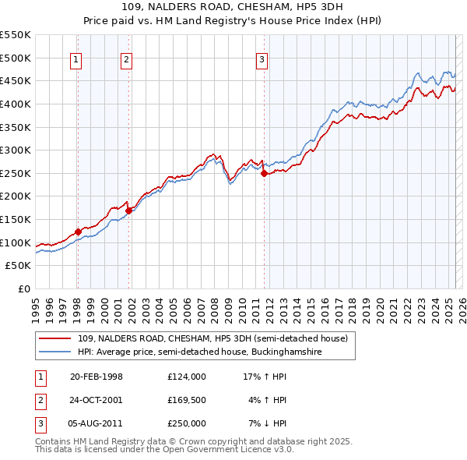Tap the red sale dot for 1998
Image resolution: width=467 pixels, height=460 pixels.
click(78, 232)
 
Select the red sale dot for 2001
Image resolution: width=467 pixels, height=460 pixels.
click(128, 210)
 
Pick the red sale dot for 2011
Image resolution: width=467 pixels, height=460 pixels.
click(264, 174)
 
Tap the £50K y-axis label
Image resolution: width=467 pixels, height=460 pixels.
click(19, 266)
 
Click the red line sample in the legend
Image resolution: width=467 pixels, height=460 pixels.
click(55, 338)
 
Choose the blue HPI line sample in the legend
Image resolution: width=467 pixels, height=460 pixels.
click(55, 352)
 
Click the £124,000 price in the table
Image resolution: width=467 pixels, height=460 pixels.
click(187, 377)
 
